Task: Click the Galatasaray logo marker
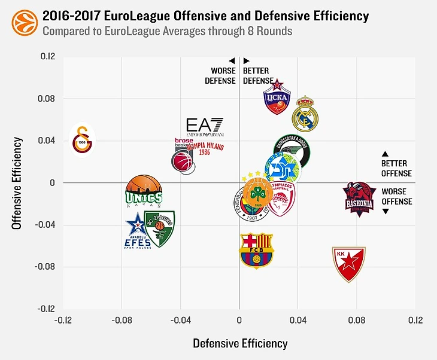82,139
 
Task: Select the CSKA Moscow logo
277,97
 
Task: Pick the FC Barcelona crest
256,250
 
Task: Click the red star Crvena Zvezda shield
348,264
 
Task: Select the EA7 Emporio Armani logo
205,127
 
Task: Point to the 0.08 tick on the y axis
47,99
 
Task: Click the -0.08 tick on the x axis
122,321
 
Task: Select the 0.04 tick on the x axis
298,321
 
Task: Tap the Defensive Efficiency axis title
240,344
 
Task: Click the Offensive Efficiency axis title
18,183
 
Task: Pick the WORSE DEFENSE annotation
224,76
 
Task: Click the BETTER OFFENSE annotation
397,168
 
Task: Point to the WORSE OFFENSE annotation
397,197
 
